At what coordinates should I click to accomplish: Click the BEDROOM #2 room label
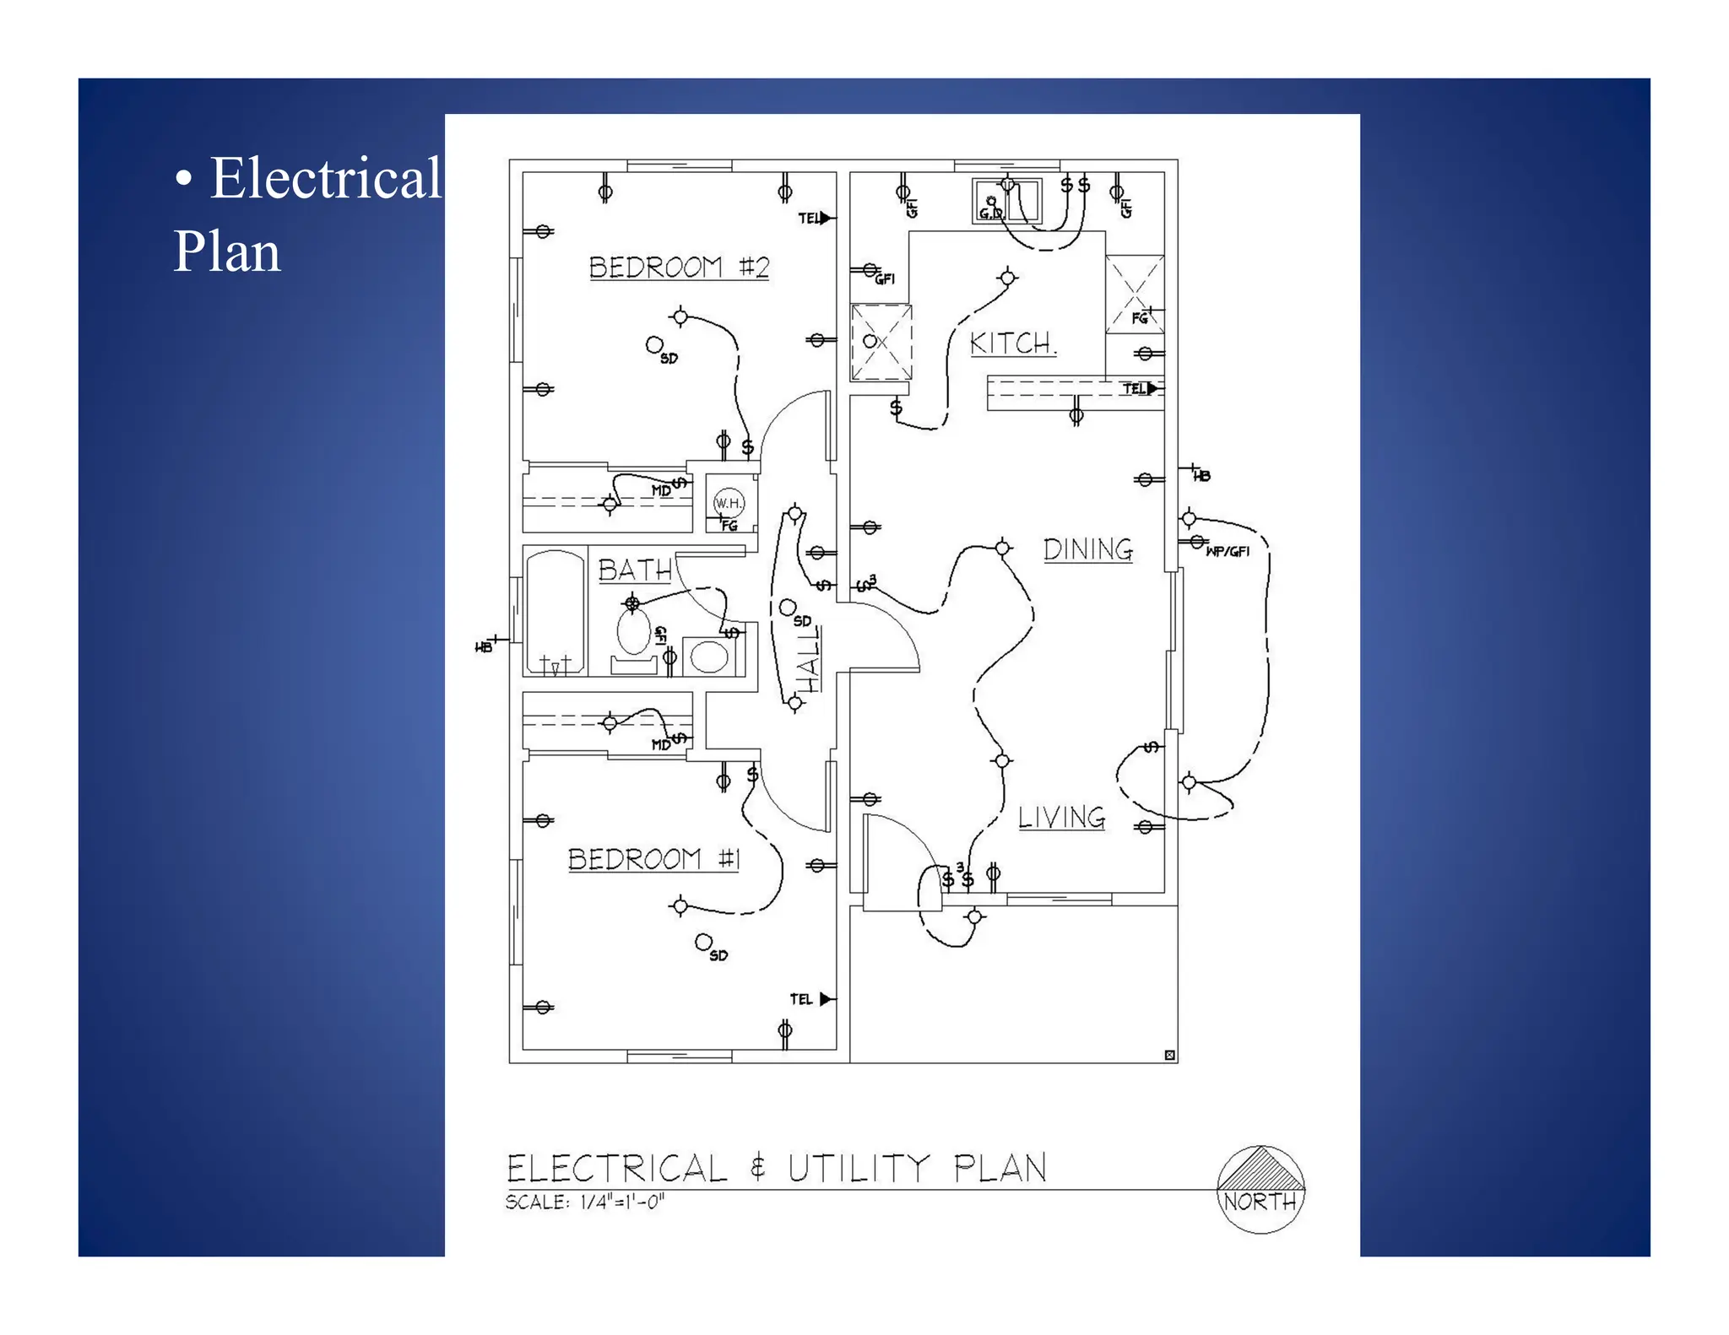pos(679,268)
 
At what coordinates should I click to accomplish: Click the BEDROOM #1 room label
pos(653,860)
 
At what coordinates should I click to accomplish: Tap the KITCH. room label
pos(1011,343)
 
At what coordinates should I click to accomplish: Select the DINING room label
pos(1087,549)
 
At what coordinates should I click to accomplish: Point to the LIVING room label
pos(1060,817)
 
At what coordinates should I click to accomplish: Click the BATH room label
pos(635,570)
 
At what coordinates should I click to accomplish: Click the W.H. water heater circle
pos(729,503)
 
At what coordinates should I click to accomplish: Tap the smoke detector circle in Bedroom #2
pos(654,344)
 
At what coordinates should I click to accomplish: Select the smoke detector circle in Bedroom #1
pos(703,941)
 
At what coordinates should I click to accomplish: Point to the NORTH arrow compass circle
pos(1260,1189)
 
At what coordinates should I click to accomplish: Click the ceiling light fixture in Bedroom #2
pos(680,317)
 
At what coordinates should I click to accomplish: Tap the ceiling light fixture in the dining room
pos(1002,549)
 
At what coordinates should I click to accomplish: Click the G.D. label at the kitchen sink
pos(990,213)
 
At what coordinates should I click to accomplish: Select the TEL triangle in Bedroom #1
pos(826,999)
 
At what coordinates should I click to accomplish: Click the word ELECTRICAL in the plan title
pos(616,1169)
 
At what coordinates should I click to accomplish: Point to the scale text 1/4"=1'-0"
pos(622,1202)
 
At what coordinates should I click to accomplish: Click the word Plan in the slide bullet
pos(226,252)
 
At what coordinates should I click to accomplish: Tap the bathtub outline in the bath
pos(555,612)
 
